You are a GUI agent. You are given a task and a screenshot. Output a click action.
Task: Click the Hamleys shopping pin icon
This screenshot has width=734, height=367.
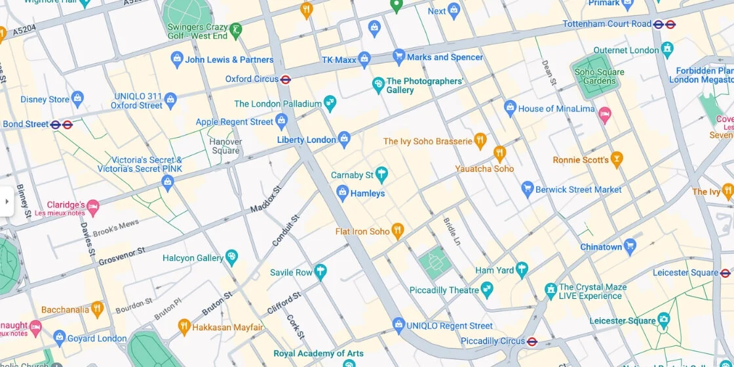point(341,193)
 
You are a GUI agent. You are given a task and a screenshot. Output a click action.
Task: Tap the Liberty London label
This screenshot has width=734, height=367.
point(306,140)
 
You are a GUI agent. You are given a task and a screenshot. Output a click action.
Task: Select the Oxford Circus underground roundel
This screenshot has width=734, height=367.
point(286,79)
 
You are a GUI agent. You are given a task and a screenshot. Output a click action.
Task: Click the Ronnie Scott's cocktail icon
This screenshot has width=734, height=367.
point(615,159)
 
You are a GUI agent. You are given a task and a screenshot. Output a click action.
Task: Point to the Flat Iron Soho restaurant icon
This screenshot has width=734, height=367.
point(396,230)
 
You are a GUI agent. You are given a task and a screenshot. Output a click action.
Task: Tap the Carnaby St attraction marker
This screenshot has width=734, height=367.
point(381,174)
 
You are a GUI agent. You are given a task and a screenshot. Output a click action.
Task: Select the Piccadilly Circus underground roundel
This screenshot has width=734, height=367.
point(532,341)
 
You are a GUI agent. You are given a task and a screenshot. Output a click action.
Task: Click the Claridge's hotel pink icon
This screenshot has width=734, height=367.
point(93,208)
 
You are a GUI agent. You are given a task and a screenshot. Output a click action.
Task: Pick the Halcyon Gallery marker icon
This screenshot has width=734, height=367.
point(231,257)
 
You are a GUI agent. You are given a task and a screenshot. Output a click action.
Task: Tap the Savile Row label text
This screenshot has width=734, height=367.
point(291,272)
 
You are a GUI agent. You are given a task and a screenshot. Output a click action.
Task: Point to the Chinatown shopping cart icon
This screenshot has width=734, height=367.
point(630,246)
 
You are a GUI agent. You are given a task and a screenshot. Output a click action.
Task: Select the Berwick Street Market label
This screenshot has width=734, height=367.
point(578,189)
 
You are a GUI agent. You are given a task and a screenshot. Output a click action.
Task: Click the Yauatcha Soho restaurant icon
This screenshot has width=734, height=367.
point(499,153)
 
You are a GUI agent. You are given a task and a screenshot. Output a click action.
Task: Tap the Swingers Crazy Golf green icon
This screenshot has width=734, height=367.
point(235,29)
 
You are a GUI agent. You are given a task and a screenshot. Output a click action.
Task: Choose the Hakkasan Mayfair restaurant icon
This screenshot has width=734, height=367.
point(184,326)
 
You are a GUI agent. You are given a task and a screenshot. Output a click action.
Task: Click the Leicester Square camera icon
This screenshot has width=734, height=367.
point(664,320)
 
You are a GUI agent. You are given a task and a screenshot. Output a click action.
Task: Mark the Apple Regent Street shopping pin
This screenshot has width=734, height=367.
point(281,121)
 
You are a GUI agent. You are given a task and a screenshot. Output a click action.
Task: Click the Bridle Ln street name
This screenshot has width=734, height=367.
point(453,231)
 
